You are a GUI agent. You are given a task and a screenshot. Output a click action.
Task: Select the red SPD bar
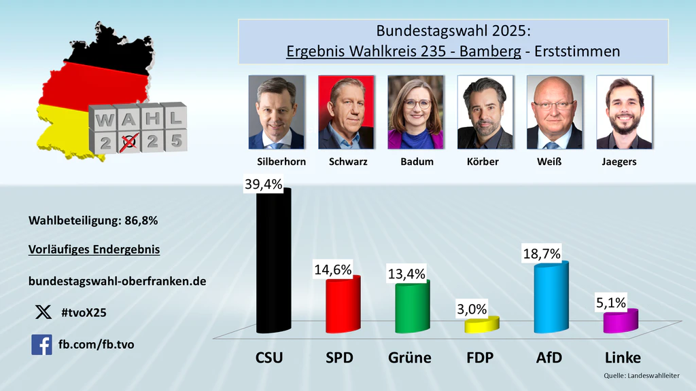[x=343, y=305]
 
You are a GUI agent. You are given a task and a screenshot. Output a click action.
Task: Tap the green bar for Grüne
[x=413, y=308]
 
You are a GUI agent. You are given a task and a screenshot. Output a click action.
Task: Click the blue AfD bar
[x=551, y=299]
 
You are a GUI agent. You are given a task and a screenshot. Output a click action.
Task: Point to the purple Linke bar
[x=621, y=321]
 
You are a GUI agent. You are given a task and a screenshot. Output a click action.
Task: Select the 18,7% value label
[x=542, y=254]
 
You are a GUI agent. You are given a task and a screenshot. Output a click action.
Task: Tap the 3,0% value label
[x=472, y=309]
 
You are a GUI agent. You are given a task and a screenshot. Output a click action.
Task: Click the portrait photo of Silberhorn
[x=276, y=112]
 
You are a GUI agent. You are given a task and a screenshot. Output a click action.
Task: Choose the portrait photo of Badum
[x=415, y=112]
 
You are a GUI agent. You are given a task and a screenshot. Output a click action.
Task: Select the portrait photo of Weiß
[x=554, y=112]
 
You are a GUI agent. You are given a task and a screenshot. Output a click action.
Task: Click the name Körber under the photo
[x=483, y=162]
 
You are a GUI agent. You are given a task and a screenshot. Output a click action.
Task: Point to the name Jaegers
[x=619, y=162]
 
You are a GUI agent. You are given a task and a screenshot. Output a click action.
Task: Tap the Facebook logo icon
[x=41, y=344]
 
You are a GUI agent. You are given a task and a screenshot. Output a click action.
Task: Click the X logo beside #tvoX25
[x=42, y=312]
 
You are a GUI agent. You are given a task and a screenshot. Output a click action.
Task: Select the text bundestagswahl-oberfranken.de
[x=118, y=280]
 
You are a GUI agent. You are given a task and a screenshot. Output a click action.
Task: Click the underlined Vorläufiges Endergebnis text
[x=94, y=249]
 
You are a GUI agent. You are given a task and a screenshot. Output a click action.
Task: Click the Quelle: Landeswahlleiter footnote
[x=642, y=375]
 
